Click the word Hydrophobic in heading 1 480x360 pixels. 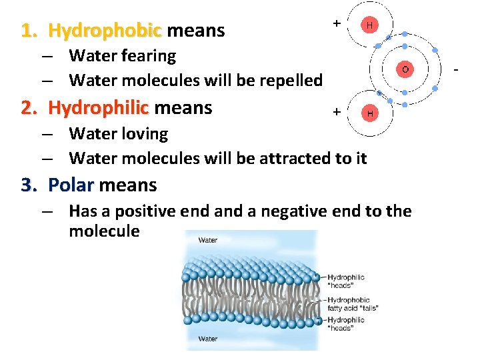[105, 31]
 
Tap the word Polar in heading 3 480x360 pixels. [71, 185]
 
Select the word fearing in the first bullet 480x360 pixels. [145, 56]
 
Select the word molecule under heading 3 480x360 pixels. [104, 232]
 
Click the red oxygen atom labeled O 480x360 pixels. [404, 69]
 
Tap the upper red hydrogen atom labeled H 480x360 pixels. [369, 25]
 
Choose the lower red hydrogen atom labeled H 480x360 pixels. [369, 113]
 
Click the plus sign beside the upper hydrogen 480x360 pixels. [337, 23]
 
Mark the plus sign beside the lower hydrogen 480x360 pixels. [337, 111]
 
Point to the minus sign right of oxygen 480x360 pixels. [457, 69]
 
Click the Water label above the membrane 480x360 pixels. [208, 240]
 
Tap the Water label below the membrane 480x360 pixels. [208, 339]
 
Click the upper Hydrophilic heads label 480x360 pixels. [346, 281]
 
